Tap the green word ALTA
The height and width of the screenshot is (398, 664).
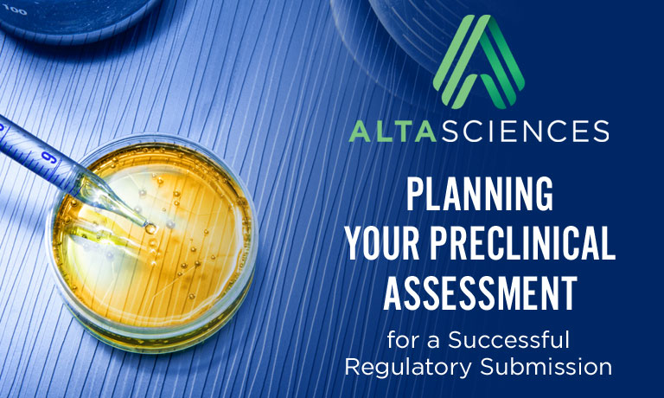pos(393,131)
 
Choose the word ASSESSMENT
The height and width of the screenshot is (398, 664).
pos(480,293)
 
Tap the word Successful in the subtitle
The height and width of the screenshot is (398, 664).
pos(508,340)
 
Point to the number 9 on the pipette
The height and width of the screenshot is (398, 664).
pos(50,158)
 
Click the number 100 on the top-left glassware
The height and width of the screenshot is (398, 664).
pos(14,9)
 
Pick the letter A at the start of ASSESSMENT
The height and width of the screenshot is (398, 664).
pos(394,293)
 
